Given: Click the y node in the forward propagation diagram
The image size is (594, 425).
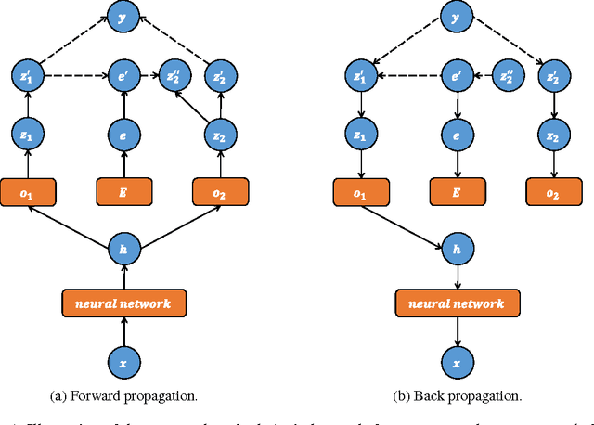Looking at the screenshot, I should click(x=123, y=15).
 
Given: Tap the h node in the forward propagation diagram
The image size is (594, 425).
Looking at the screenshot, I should click(x=123, y=248).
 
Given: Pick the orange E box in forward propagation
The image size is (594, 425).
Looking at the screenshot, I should click(x=123, y=193).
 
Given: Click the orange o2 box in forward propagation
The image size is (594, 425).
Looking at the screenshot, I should click(x=219, y=193).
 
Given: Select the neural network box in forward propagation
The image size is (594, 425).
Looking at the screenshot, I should click(x=123, y=303).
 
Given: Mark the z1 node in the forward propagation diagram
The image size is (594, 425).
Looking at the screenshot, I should click(x=27, y=135).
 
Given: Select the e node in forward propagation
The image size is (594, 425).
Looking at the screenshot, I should click(x=123, y=135).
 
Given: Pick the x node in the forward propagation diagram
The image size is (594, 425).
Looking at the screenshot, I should click(x=123, y=360).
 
